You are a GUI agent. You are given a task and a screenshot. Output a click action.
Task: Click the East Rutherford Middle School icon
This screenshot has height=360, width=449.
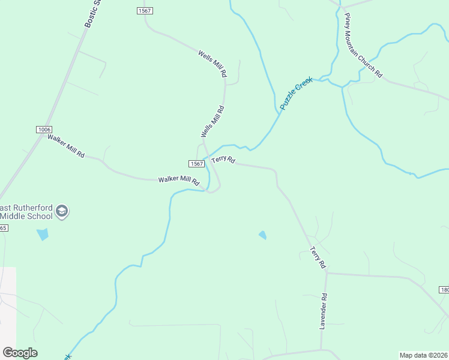(x=62, y=211)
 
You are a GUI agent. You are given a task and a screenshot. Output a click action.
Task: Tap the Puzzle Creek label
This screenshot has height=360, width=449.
(x=297, y=92)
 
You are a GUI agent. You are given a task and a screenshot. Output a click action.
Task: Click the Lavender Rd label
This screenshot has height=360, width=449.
(x=323, y=311)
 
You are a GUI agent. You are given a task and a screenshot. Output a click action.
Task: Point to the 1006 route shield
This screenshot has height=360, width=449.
(x=44, y=130)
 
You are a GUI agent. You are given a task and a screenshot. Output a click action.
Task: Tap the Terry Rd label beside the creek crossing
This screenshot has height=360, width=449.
(x=223, y=160)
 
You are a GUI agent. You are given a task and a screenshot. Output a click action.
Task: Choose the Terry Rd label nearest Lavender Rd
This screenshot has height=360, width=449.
(x=318, y=257)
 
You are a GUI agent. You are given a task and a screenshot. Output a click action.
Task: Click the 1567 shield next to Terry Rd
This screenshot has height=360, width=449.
(x=196, y=164)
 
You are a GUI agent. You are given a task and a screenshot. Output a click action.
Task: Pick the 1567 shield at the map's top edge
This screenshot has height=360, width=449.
(x=144, y=11)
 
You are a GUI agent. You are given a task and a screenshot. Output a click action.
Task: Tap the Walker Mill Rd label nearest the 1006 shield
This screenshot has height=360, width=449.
(x=66, y=146)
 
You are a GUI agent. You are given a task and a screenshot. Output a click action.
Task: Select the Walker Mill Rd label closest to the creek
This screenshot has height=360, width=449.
(x=178, y=180)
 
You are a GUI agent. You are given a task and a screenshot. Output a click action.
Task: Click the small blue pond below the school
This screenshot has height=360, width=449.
(x=42, y=234)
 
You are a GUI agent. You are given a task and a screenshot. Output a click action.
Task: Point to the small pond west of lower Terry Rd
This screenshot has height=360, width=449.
(x=262, y=235)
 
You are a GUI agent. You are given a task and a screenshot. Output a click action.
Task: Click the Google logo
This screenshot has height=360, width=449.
(x=20, y=353)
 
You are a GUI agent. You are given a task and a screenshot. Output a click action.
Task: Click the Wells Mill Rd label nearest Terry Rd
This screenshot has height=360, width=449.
(x=212, y=121)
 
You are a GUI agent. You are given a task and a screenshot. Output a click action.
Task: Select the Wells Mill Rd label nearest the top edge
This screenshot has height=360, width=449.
(x=212, y=63)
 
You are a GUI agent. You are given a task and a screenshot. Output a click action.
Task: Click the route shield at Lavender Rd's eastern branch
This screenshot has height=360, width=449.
(x=444, y=290)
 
